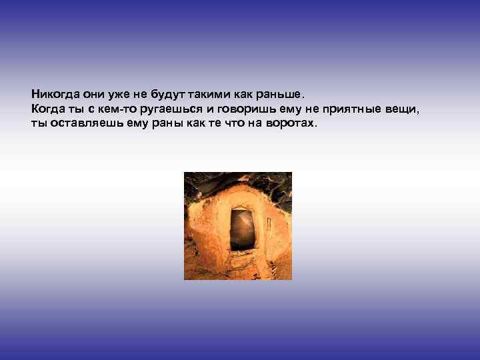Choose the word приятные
pyautogui.click(x=357, y=109)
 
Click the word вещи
pyautogui.click(x=404, y=109)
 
